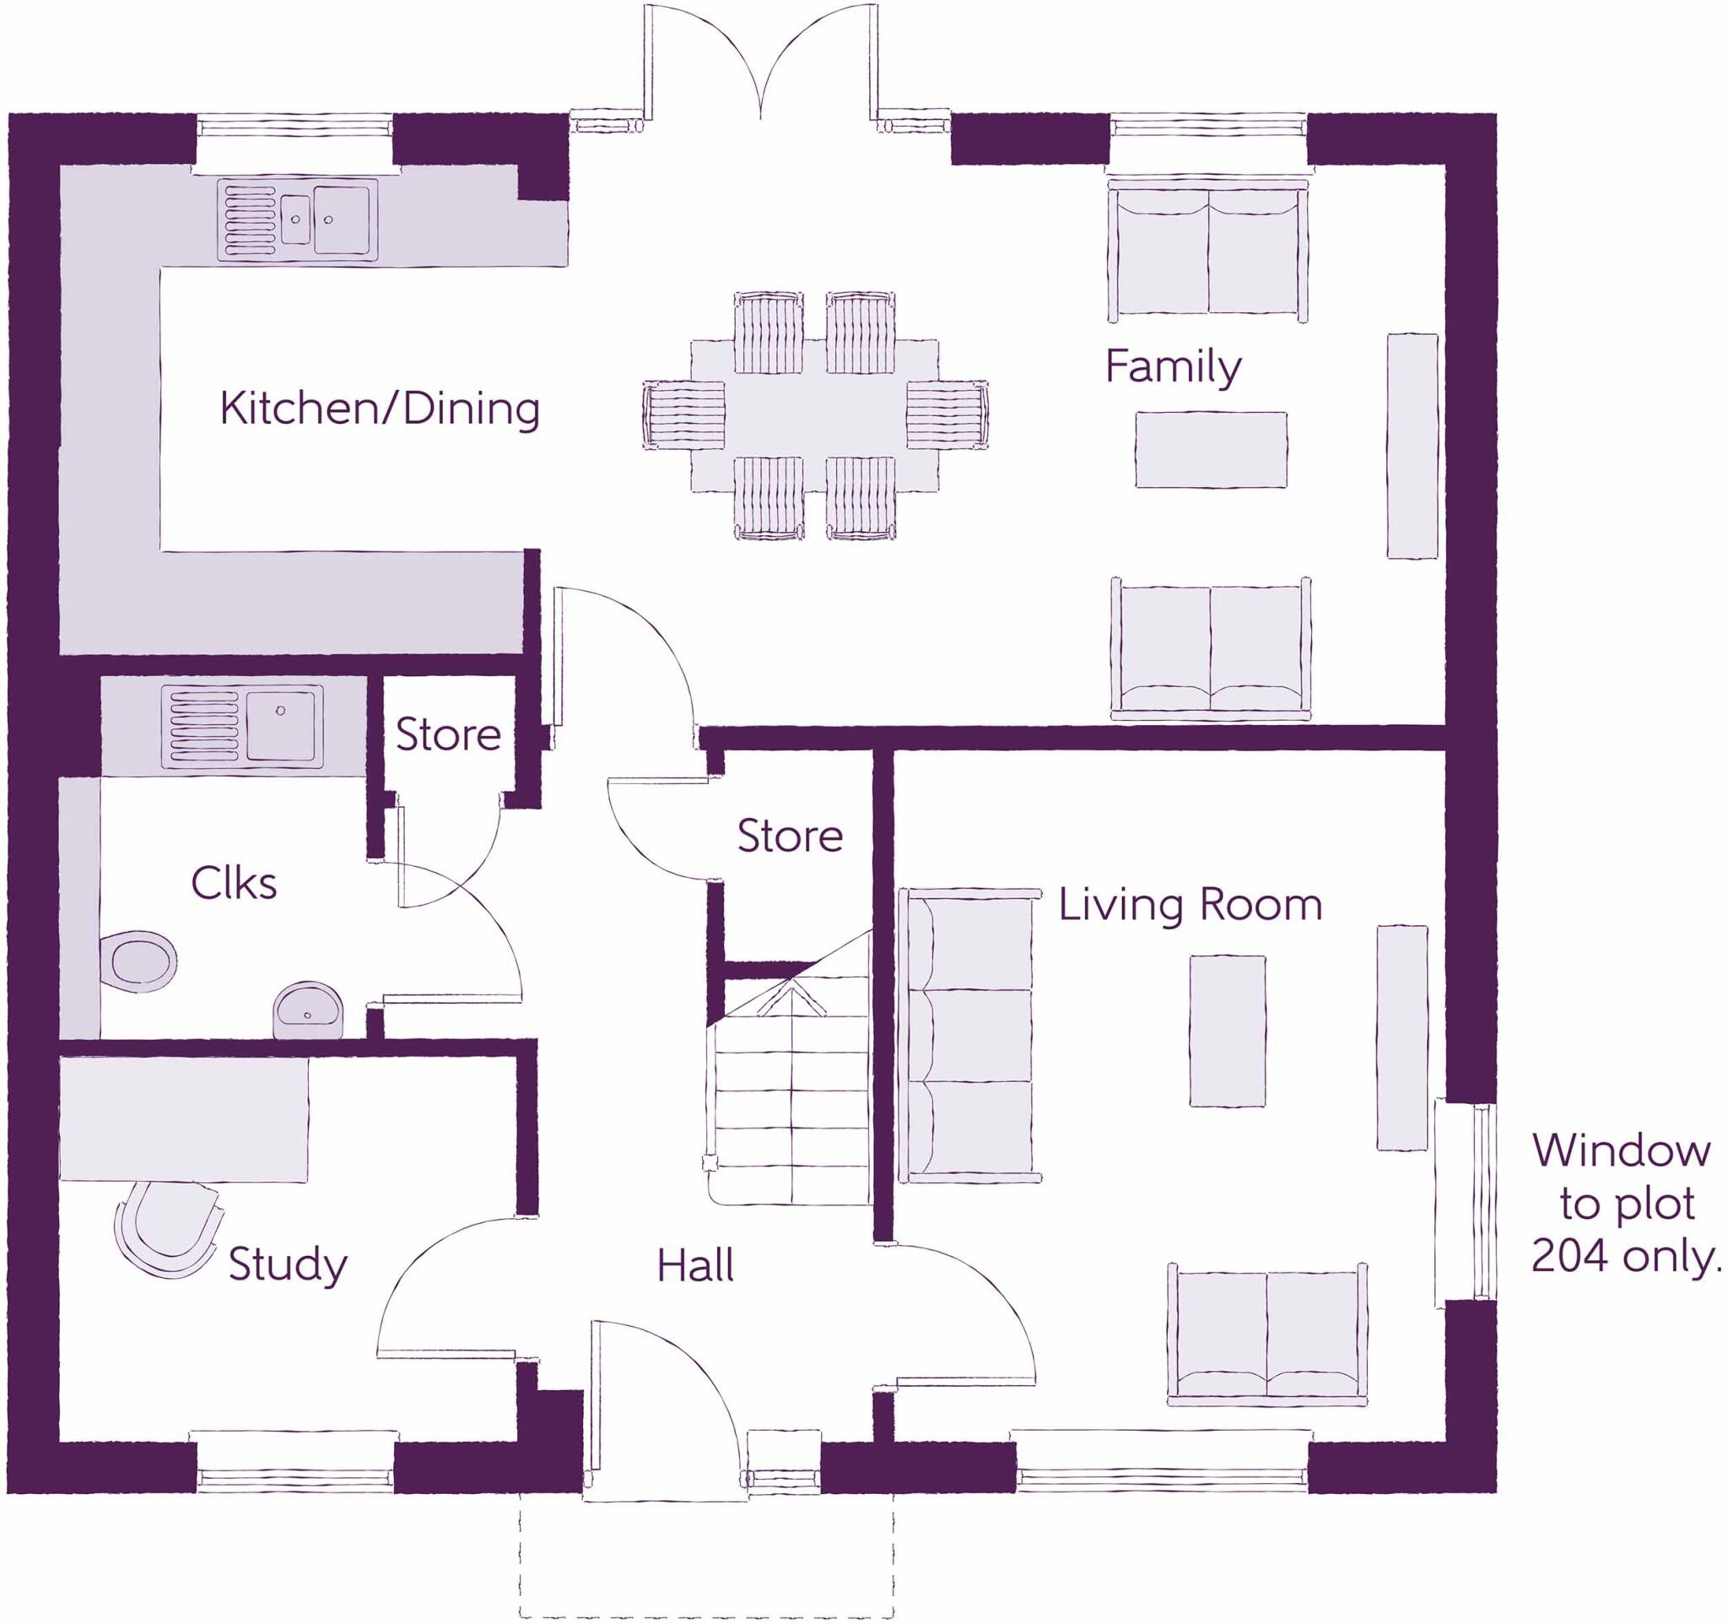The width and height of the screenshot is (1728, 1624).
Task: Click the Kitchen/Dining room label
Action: click(x=379, y=409)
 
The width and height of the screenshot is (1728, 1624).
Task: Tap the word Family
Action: click(x=1173, y=367)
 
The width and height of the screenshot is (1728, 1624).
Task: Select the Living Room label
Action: click(x=1190, y=905)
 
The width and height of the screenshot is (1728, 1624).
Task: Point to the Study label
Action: click(x=288, y=1265)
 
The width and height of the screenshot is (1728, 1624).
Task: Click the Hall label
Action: click(x=694, y=1266)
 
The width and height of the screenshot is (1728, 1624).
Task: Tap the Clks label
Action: click(x=233, y=884)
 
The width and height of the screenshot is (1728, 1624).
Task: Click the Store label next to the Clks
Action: click(x=449, y=735)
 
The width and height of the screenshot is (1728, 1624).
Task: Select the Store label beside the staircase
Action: click(x=789, y=836)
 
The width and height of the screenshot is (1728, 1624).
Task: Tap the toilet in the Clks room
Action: click(x=139, y=961)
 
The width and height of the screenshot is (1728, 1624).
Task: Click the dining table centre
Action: click(x=814, y=415)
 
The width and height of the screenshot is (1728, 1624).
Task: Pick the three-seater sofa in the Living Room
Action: click(x=969, y=1036)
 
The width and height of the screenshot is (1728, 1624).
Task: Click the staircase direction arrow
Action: click(x=791, y=995)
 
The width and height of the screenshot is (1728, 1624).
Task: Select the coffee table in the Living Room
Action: click(x=1227, y=1031)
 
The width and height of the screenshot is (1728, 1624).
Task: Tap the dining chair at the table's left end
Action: click(x=685, y=415)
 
